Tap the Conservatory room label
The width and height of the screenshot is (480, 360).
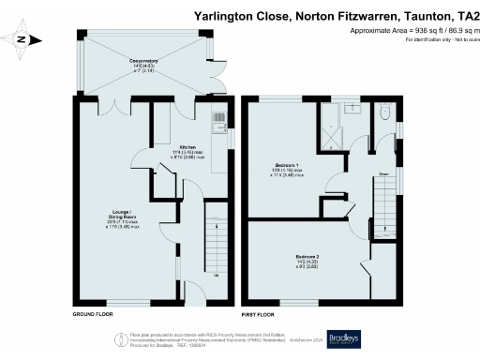click(x=143, y=64)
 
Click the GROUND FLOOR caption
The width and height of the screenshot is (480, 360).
click(x=93, y=314)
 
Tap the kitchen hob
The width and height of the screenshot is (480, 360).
click(x=218, y=119)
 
